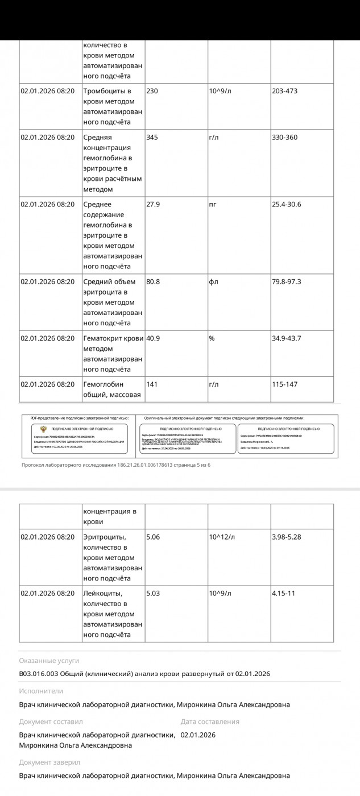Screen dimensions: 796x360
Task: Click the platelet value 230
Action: point(152,91)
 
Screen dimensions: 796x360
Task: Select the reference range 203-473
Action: point(284,91)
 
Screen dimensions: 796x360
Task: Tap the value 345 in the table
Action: point(152,138)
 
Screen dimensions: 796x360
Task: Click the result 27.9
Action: point(153,205)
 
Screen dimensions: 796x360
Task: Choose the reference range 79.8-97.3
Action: point(287,281)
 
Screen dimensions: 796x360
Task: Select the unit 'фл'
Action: point(214,281)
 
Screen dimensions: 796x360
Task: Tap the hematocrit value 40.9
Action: point(153,338)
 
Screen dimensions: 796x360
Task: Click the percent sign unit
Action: point(212,338)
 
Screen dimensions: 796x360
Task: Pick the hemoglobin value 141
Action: point(152,384)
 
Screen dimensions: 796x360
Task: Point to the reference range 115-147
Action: point(284,384)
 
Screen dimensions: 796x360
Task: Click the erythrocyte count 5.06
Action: point(153,537)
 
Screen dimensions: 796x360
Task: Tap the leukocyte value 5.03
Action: point(153,594)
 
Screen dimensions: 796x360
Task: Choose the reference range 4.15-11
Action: point(284,594)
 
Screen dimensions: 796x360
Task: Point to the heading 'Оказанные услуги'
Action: point(49,661)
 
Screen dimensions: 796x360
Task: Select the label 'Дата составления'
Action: point(210,722)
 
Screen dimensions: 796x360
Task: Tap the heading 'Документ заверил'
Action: point(49,762)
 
